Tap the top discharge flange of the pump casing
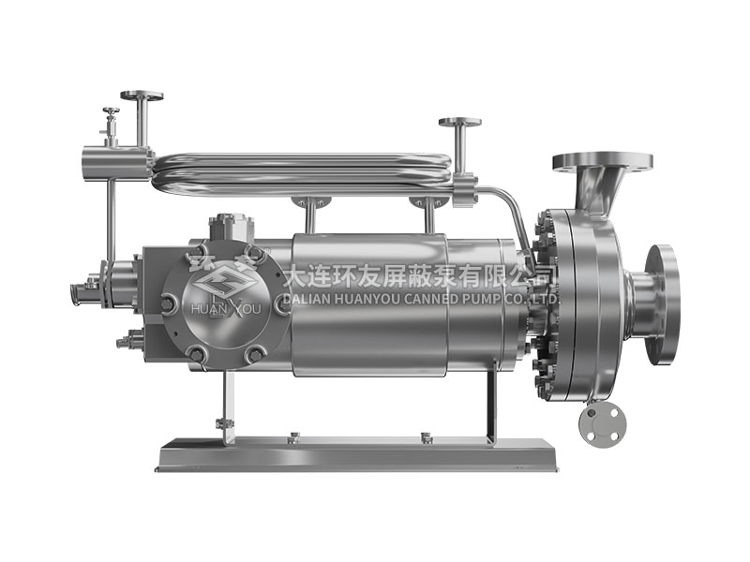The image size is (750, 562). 603,161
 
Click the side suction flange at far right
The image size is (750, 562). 661,304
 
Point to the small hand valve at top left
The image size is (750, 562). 111,126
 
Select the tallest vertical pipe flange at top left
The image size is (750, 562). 142,96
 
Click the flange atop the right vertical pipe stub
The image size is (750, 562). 460,122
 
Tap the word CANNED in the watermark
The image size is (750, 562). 429,300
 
